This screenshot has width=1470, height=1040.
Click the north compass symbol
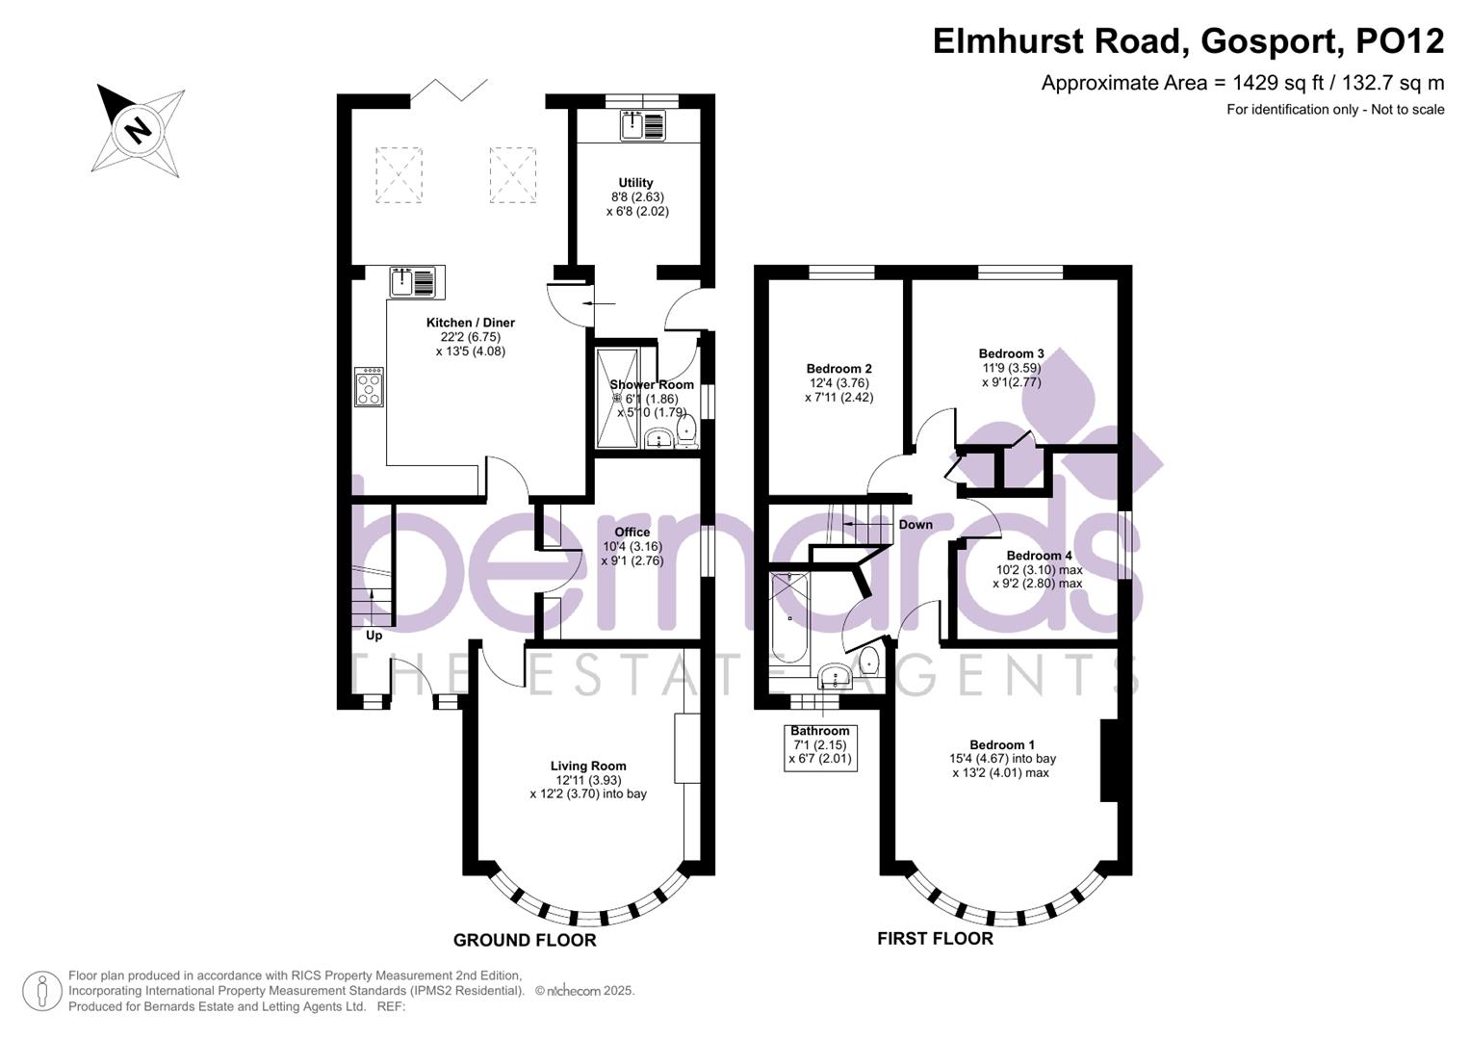coord(139,129)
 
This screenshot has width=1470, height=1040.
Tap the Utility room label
coord(635,183)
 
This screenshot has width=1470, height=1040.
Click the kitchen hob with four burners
coord(370,386)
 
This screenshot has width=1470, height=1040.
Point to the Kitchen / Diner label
coord(470,323)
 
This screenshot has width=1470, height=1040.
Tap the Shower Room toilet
coord(686,429)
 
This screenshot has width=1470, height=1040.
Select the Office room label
coord(632,532)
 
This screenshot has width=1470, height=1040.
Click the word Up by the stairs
coord(374,636)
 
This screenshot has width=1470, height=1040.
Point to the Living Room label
coord(588,767)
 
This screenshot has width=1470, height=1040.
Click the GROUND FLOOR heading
coord(525,940)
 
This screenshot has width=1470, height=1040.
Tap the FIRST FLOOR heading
coord(935,938)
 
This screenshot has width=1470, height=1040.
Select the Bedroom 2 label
coord(838,369)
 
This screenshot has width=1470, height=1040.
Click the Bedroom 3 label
coord(1011,353)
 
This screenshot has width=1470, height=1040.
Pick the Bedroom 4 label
coord(1039,556)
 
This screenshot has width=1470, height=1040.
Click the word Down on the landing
coord(916,525)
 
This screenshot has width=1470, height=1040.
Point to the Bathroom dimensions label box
coord(820,745)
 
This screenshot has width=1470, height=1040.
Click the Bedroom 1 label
coord(1002,744)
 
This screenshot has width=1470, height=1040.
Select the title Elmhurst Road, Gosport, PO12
coord(1188,41)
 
